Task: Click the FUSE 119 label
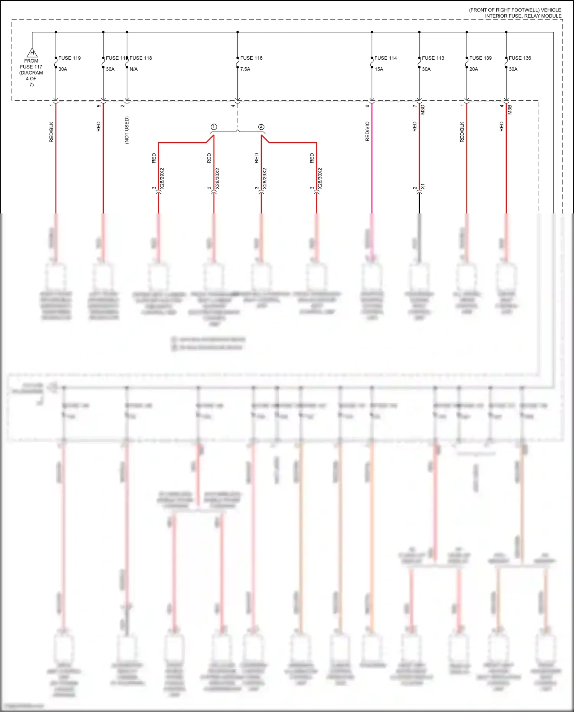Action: [69, 58]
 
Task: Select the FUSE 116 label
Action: [251, 58]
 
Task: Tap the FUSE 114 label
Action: [385, 58]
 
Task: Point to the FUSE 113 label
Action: [433, 58]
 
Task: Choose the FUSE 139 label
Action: [480, 58]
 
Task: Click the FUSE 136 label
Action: [520, 58]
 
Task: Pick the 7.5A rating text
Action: [245, 69]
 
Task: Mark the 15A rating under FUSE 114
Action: [378, 69]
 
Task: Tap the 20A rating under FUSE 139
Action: [473, 69]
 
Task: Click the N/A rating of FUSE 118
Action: [134, 69]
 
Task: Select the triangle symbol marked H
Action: [32, 53]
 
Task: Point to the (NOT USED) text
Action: [127, 130]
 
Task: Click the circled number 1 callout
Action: [214, 127]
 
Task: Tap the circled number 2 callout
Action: [261, 127]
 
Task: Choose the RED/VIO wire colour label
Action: [367, 131]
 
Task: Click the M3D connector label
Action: [423, 110]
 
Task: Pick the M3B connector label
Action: [510, 110]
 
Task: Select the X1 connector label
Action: [423, 186]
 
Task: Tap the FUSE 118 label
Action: [140, 58]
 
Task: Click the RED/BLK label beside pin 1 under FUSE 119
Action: [51, 132]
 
